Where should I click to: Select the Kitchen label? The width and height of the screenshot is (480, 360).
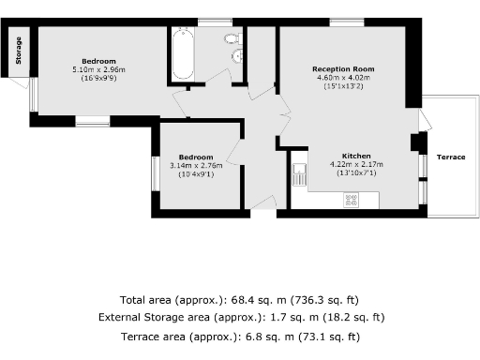tap(357, 155)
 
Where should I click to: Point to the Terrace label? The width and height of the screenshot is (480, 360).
tap(450, 157)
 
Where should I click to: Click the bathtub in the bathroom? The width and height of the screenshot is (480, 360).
tap(181, 55)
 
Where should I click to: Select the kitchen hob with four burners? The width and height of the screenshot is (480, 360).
tap(351, 199)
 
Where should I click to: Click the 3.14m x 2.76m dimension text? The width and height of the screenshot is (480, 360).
tap(196, 165)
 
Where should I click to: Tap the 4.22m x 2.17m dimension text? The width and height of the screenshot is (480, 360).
tap(357, 164)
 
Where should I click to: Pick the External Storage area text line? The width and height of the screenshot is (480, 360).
tap(241, 318)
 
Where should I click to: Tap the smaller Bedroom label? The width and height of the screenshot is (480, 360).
tap(196, 157)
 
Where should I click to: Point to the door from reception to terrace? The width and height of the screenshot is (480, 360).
tap(424, 121)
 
